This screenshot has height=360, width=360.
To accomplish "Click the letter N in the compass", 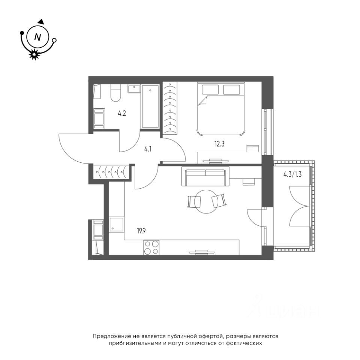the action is point(37,37).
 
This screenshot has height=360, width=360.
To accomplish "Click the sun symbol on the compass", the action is point(34,54).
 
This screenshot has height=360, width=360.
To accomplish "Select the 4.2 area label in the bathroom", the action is point(121,113).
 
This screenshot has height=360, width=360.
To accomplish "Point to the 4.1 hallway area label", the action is point(148,150).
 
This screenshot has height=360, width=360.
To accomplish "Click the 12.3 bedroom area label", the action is point(219,144).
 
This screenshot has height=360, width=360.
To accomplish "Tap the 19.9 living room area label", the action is point(141,231).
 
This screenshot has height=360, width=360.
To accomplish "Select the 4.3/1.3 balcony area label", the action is point(292,174).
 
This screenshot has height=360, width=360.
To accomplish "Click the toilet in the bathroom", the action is point(115,93).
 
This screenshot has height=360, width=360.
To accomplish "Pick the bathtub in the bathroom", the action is point(150,106).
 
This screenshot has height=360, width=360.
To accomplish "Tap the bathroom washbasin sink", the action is point(134,89).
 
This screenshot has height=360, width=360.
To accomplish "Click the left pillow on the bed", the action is point(210,90).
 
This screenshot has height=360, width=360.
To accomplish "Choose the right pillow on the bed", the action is point(231,90).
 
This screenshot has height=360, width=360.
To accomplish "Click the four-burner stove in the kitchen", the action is point(151,247).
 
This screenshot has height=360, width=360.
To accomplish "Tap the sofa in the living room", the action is point(205,176).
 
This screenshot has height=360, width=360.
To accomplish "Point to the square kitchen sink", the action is point(116,225).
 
